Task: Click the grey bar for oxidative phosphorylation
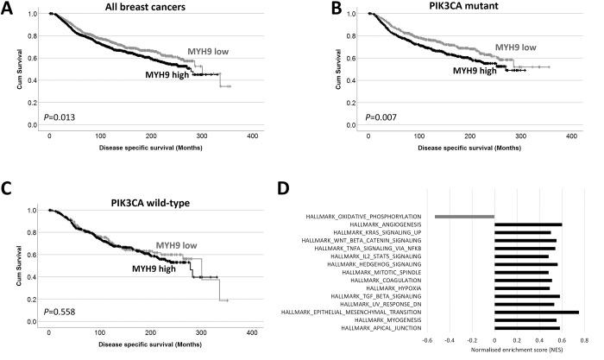[464, 216]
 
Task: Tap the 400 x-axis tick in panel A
[253, 137]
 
